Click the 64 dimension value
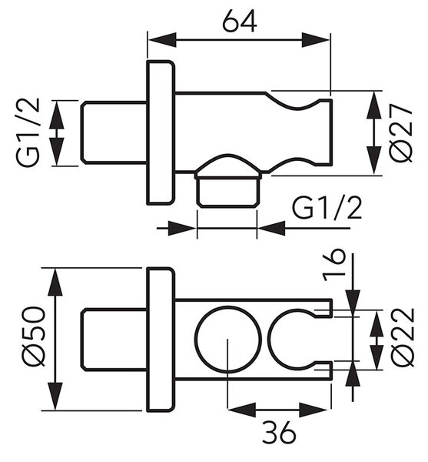(x=240, y=21)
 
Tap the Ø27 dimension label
(x=402, y=133)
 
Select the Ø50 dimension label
(x=35, y=336)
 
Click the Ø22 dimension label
(x=403, y=336)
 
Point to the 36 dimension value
(x=278, y=432)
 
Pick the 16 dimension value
(x=333, y=265)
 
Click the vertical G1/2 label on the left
(x=28, y=132)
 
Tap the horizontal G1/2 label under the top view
(x=327, y=208)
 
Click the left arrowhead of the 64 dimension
(x=162, y=40)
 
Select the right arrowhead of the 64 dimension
(x=316, y=40)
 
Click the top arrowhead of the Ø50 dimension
(x=55, y=282)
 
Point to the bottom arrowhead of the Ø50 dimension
(x=55, y=396)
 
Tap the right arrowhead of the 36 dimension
(x=315, y=410)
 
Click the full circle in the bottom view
(x=228, y=306)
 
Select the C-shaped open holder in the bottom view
(x=270, y=339)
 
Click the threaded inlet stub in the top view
(x=114, y=132)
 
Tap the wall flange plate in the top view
(x=161, y=132)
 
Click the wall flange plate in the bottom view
(x=161, y=340)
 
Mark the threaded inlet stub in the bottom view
(x=114, y=339)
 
